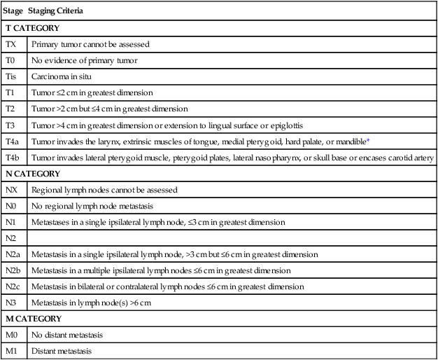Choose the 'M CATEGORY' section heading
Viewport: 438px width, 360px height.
[x=33, y=319]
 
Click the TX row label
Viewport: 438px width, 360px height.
[x=11, y=44]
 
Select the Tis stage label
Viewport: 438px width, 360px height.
[x=11, y=76]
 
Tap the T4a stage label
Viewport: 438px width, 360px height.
[x=13, y=141]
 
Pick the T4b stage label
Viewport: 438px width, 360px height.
[x=13, y=158]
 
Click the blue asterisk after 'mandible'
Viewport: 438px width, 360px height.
[x=369, y=140]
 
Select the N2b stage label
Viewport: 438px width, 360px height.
[x=15, y=270]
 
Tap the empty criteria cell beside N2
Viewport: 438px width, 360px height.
[x=231, y=238]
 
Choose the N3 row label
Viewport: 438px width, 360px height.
[x=11, y=303]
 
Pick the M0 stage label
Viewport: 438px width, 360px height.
[x=12, y=335]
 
